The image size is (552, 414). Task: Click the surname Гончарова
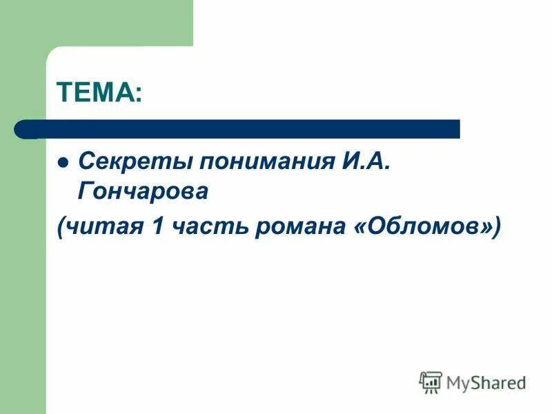tap(143, 191)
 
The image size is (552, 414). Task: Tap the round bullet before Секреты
tap(63, 164)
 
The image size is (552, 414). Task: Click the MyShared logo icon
tap(431, 382)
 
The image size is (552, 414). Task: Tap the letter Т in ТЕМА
tap(63, 92)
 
